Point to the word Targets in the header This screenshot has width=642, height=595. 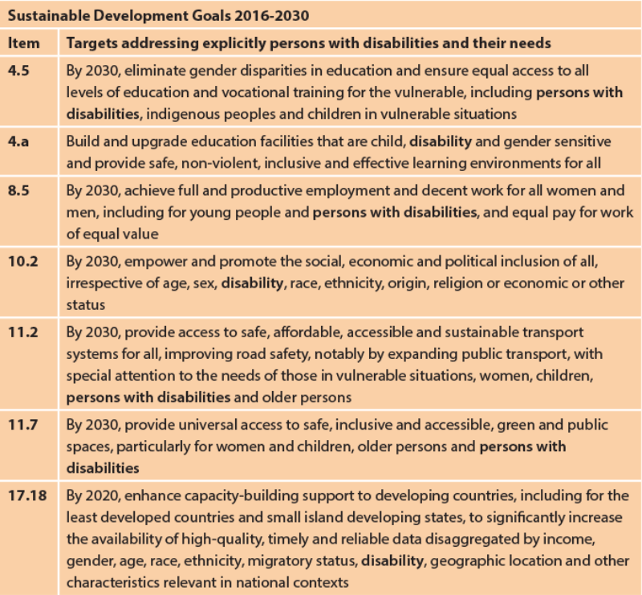91,43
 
